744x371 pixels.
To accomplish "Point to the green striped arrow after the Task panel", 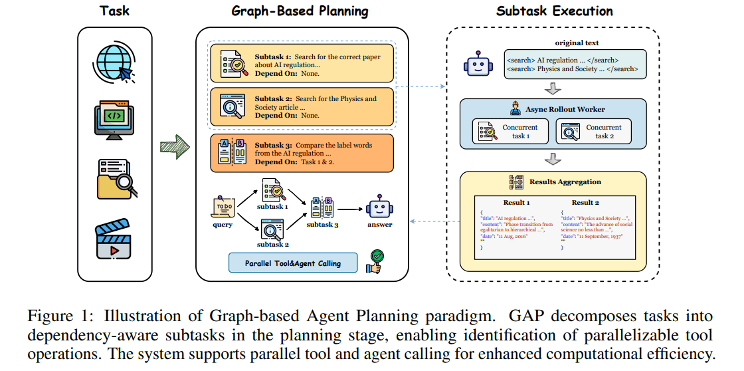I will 175,147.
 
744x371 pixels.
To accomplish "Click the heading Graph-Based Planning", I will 299,11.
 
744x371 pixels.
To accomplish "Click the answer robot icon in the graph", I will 379,207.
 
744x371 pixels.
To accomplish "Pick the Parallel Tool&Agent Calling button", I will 293,263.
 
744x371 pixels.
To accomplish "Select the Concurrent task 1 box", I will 510,131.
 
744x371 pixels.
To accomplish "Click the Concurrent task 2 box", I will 593,131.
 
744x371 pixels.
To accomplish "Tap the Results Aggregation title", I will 565,182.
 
